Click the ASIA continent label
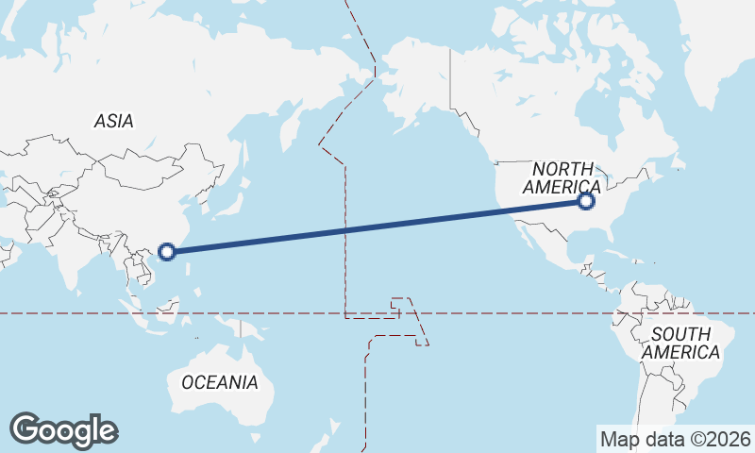coord(113,121)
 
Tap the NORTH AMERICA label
coord(562,177)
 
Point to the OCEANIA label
coord(219,382)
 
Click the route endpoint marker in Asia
coord(167,251)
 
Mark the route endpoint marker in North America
coord(586,201)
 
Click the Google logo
coord(63,430)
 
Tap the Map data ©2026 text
coord(675,439)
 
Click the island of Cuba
coord(617,254)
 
